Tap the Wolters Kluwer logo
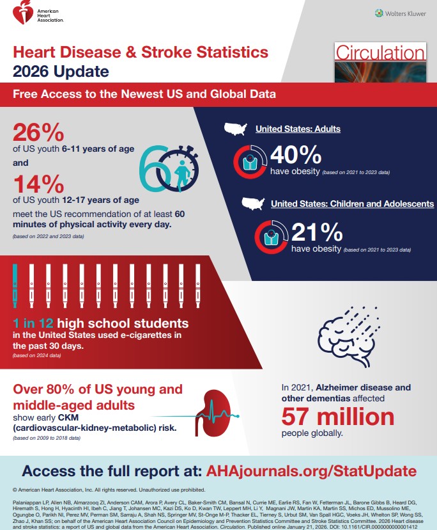(x=401, y=13)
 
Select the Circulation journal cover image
(x=379, y=63)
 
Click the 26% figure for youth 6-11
(x=38, y=134)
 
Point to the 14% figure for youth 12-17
(x=38, y=185)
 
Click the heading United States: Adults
(x=298, y=129)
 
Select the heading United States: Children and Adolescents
(x=352, y=204)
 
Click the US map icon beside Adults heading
(x=235, y=129)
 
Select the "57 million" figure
(x=338, y=417)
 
